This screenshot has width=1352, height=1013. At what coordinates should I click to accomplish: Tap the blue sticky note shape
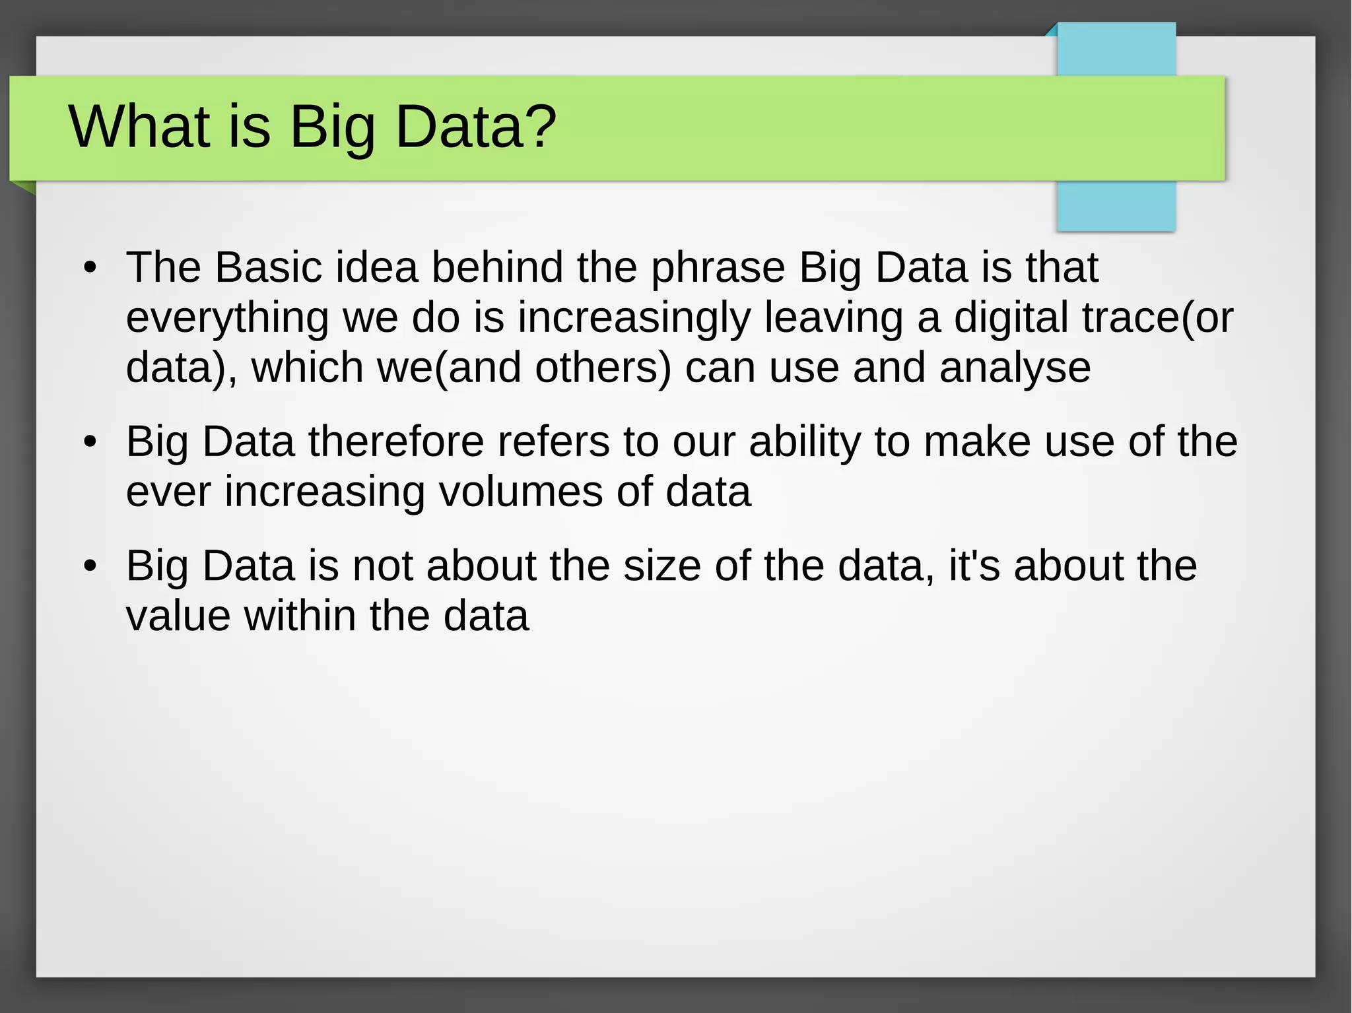coord(1116,205)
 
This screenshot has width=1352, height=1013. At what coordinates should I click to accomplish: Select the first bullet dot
coord(90,269)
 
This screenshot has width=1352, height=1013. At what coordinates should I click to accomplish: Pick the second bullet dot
coord(90,442)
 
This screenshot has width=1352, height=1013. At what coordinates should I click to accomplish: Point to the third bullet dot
coord(90,566)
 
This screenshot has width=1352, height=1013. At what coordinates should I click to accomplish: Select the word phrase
coord(718,269)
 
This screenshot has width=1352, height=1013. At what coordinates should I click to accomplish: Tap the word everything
coord(226,319)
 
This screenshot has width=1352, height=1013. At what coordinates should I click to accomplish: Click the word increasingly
coord(634,319)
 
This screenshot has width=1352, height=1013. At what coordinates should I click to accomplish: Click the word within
coord(300,616)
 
